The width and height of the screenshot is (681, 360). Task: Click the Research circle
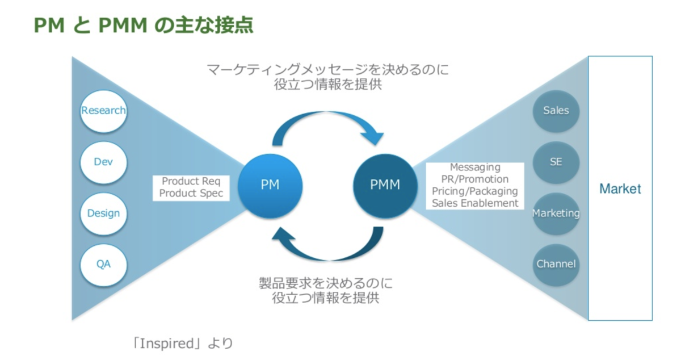click(x=103, y=111)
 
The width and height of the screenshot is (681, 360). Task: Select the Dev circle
click(x=103, y=162)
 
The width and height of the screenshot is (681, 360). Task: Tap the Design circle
click(x=103, y=214)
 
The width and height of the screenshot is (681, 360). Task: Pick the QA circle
click(x=103, y=264)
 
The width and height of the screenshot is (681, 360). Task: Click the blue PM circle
click(x=270, y=185)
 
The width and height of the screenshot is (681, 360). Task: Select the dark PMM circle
click(x=385, y=185)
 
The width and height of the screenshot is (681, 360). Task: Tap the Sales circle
click(x=556, y=111)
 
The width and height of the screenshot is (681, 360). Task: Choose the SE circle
click(x=556, y=162)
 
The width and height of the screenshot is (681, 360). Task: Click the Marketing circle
click(x=556, y=214)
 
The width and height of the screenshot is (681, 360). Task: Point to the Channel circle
click(x=556, y=264)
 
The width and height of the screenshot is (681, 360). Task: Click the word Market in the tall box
click(x=620, y=189)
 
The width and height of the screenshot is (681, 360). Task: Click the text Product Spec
click(x=191, y=194)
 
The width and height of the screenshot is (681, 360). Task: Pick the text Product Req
click(x=188, y=182)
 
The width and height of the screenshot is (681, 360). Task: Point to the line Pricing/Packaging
click(x=475, y=191)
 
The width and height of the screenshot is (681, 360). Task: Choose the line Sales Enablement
click(x=475, y=203)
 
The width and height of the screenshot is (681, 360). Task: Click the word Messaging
click(x=475, y=168)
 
